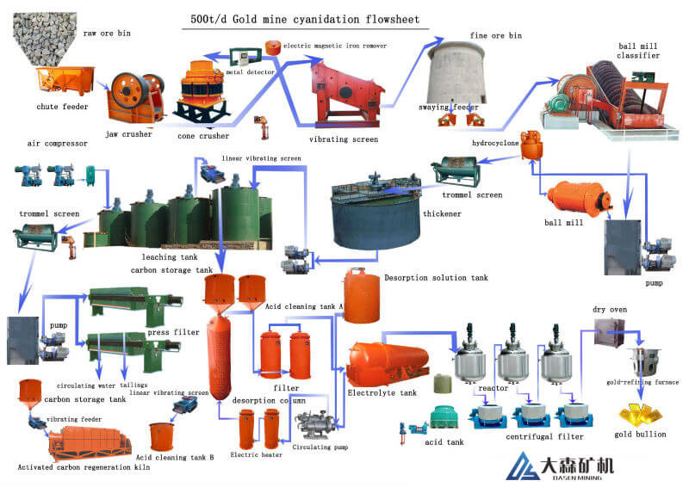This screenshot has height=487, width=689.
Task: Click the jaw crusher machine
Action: pos(135,97)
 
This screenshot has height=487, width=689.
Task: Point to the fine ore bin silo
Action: pos(456,73)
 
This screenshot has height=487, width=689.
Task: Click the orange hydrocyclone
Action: pos(531,144)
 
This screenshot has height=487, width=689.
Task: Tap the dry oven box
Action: pos(609,331)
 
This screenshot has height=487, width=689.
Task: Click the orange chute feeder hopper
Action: pos(65,80)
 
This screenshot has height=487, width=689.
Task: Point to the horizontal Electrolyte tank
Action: pos(388,364)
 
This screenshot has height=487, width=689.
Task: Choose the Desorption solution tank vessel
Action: pos(361,295)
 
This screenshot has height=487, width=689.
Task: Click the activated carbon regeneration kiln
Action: pos(90,443)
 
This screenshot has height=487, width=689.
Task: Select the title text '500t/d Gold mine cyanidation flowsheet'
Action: pos(305,19)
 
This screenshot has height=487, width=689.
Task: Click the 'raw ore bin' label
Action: pos(107,33)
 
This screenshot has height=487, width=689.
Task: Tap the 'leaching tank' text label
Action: pos(170,257)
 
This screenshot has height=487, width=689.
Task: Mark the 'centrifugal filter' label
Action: pos(544,436)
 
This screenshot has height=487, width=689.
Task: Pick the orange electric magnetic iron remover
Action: pos(273,47)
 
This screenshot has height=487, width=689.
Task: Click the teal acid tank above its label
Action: pos(444,416)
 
